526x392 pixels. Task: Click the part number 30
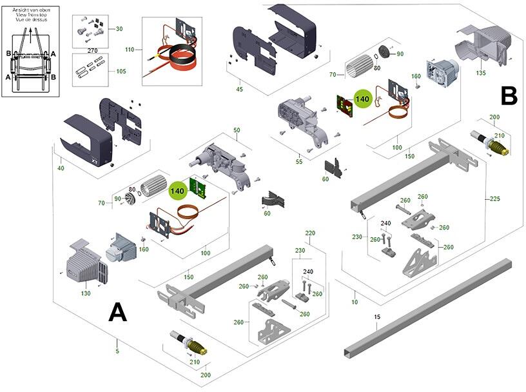coord(119,29)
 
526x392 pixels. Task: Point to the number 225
coord(494,199)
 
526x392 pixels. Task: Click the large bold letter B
coord(509,96)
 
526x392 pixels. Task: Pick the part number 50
coord(237,130)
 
